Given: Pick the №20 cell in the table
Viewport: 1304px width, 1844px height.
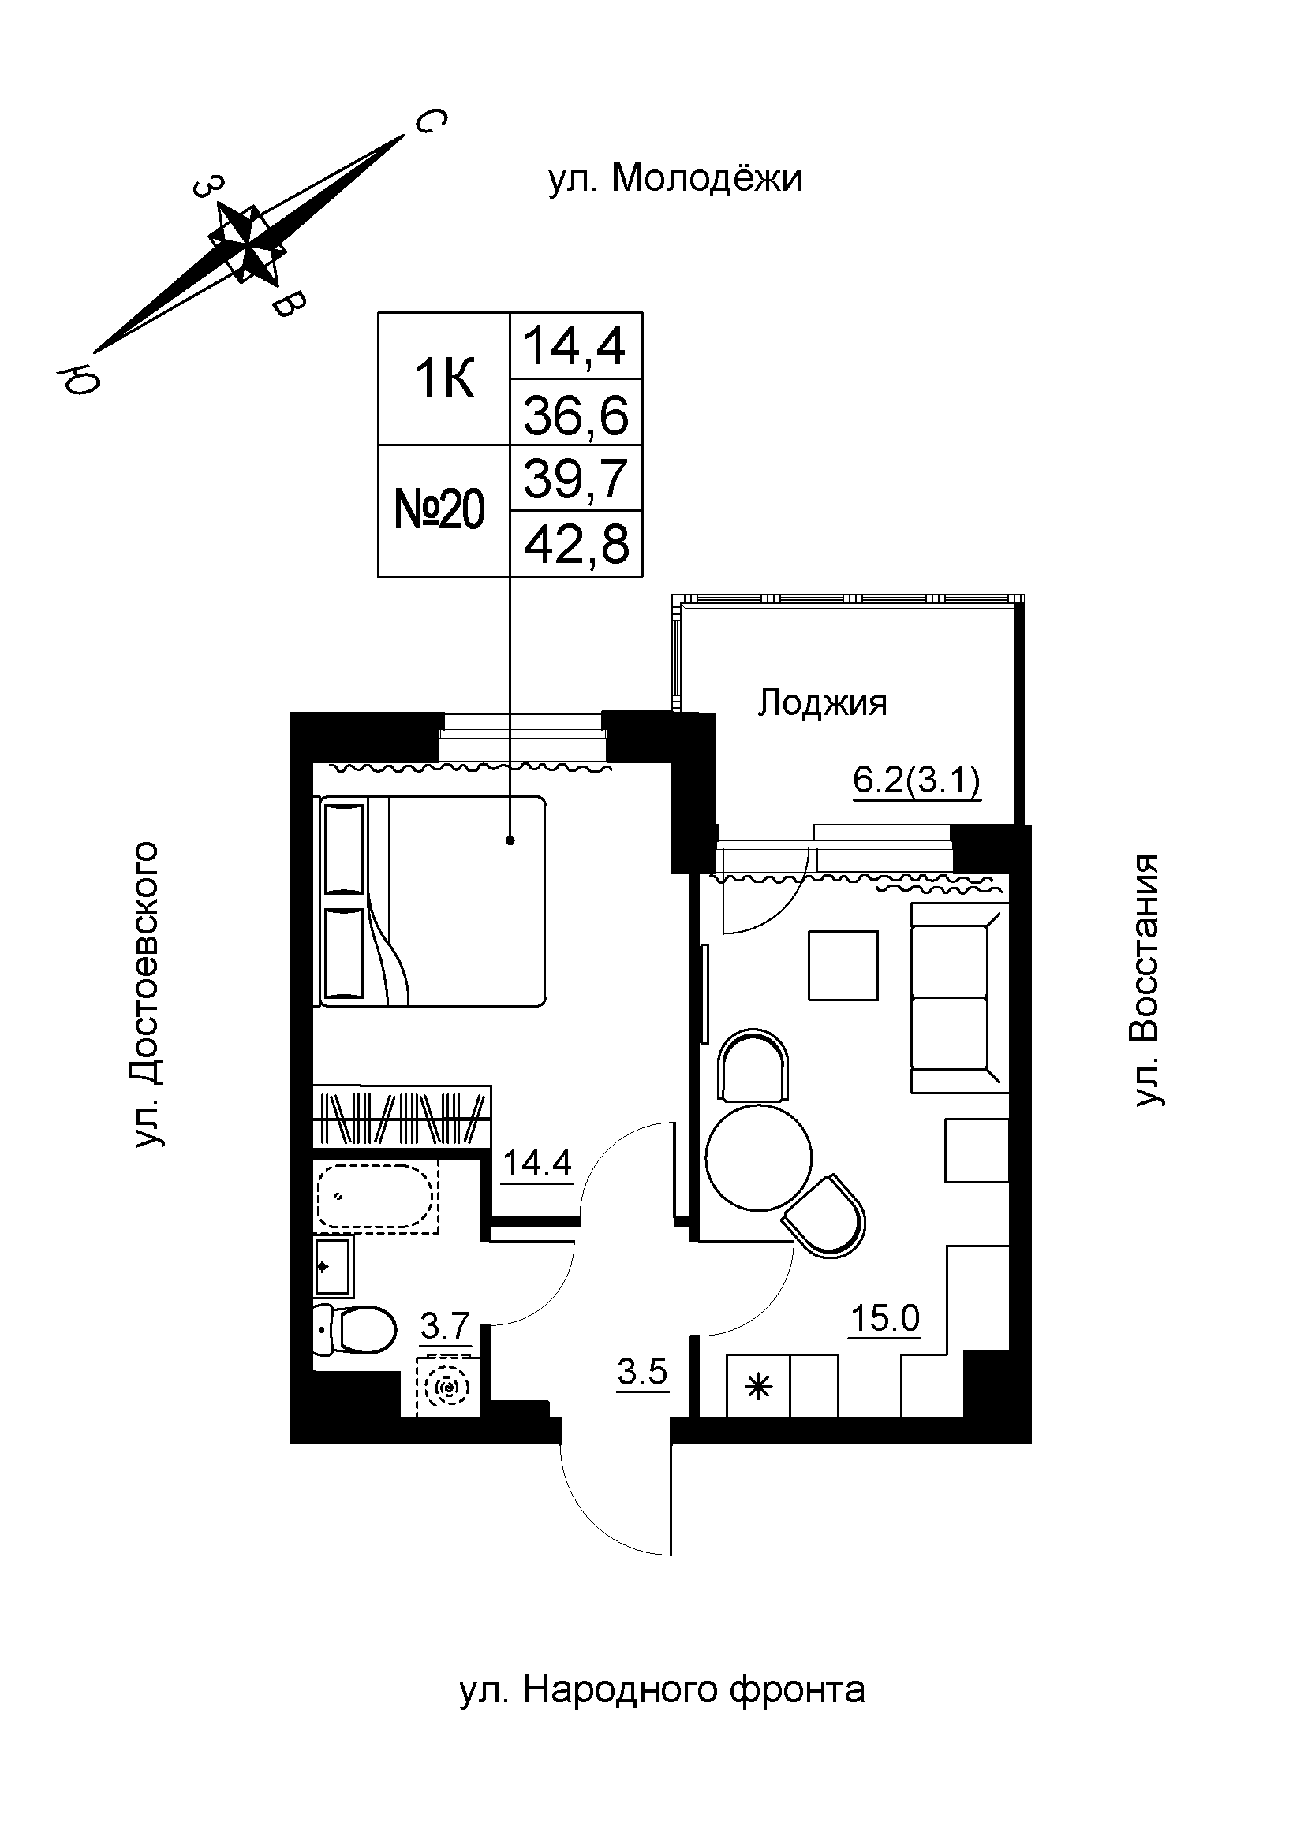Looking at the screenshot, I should click(x=440, y=511).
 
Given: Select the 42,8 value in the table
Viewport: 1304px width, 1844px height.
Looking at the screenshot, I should click(x=576, y=545).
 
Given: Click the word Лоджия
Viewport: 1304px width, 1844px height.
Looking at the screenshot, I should click(x=823, y=703).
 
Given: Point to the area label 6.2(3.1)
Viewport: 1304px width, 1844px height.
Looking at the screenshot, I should click(x=917, y=780).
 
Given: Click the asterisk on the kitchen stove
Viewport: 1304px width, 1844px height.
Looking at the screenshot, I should click(x=758, y=1387).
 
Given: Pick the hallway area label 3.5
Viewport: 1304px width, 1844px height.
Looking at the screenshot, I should click(x=643, y=1372).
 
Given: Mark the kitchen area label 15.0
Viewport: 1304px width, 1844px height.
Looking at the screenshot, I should click(x=885, y=1317).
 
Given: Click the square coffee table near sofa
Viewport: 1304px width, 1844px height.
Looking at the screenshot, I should click(x=843, y=966).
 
